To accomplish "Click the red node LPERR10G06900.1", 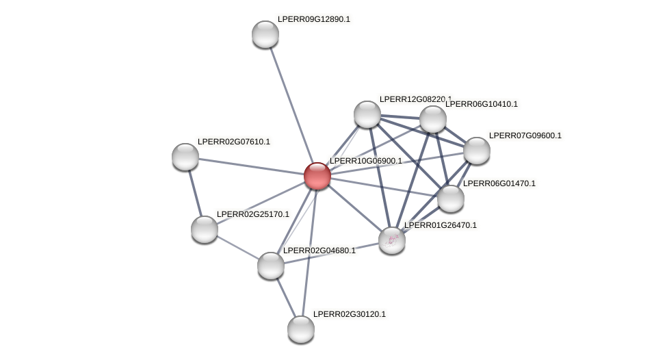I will (317, 176).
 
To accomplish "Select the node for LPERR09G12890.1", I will (265, 34).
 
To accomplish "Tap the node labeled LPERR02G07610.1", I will (185, 157).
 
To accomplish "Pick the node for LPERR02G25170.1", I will (205, 229).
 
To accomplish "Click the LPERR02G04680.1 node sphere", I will (271, 266).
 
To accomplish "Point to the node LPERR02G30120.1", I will (301, 329).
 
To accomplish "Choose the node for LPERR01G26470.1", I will (392, 240).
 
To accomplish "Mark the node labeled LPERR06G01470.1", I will (451, 198).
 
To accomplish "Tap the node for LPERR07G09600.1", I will (477, 151).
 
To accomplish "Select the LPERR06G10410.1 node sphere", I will (433, 119).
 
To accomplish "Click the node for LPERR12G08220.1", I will (367, 114).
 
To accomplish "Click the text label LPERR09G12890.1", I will (313, 19).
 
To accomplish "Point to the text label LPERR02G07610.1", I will (233, 142).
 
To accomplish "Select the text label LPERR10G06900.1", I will (365, 161).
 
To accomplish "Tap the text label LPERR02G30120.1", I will (349, 314).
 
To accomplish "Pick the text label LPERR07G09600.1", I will (525, 136).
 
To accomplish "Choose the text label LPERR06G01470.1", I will (499, 183).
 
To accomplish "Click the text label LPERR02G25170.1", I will (252, 214).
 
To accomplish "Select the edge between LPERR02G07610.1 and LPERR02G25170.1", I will (195, 193).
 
